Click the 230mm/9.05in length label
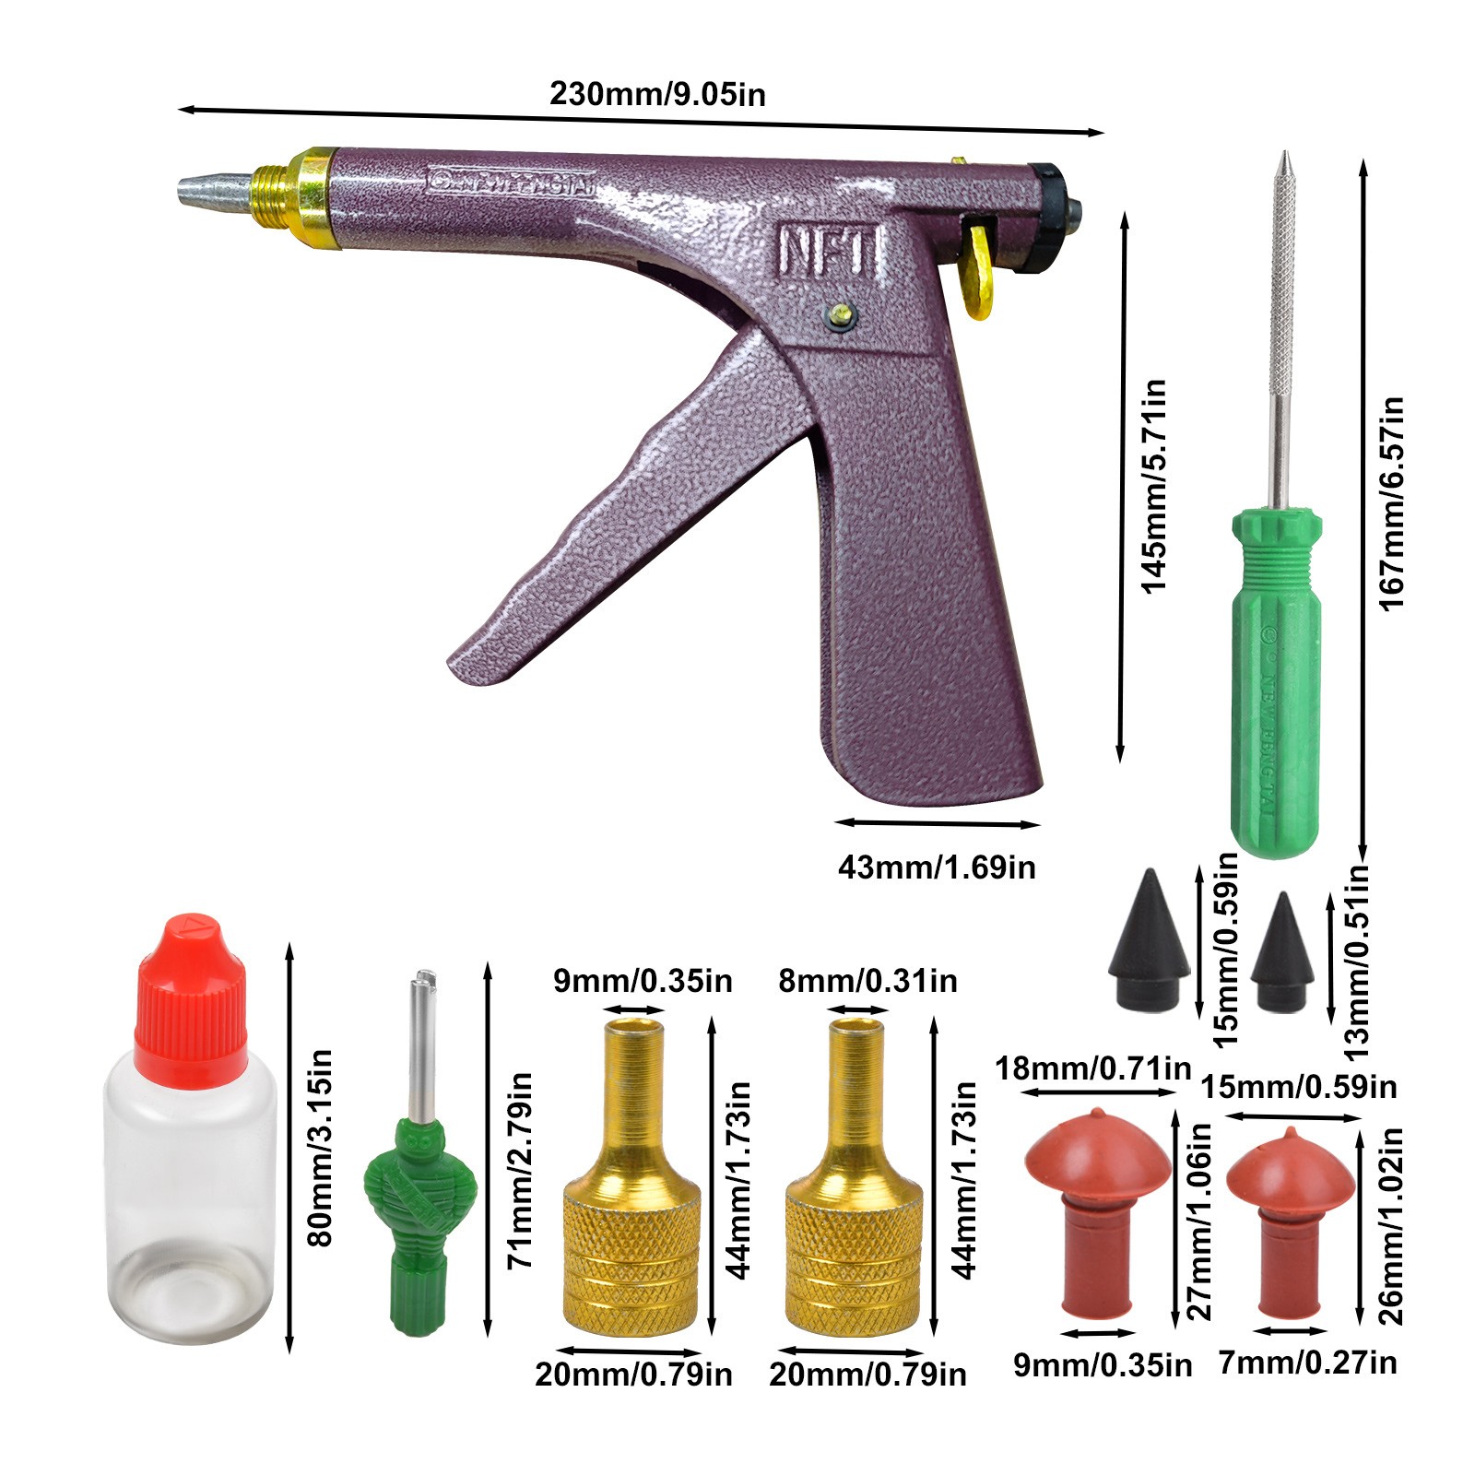(657, 94)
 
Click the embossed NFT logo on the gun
(830, 251)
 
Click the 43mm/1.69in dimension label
(937, 867)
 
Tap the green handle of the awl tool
(1276, 682)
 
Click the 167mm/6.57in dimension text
(1391, 502)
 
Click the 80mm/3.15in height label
(320, 1148)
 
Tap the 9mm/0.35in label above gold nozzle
(643, 981)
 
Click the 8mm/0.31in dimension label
(867, 981)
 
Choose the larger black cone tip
(1149, 938)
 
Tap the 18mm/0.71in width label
(1092, 1069)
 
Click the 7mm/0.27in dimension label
(1307, 1363)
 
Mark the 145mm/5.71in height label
(1153, 485)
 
